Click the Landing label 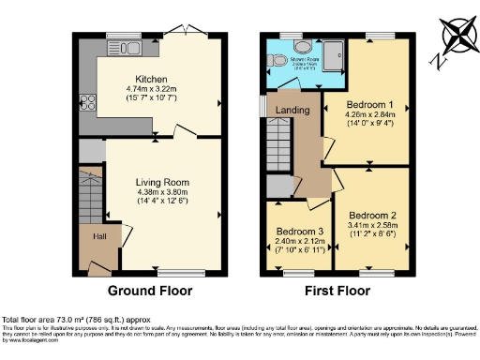[x=292, y=110]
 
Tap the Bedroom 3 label [x=298, y=231]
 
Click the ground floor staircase [x=90, y=195]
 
